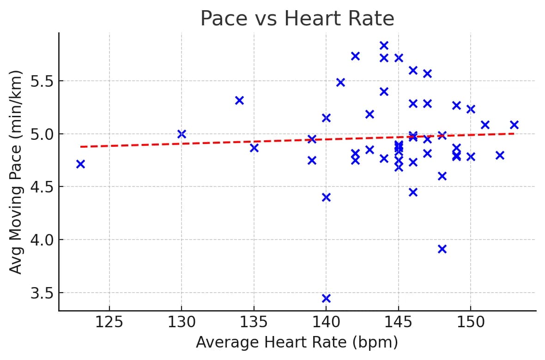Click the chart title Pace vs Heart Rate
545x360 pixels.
[x=297, y=19]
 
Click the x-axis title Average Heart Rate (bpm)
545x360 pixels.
[x=297, y=342]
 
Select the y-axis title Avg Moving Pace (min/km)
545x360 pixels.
[x=16, y=172]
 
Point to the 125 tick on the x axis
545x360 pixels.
[x=109, y=322]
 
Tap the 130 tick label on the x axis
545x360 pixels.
[x=181, y=322]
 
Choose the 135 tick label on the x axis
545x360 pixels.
[x=254, y=322]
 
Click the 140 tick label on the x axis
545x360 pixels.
[x=326, y=322]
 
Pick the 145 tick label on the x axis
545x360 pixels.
[x=398, y=322]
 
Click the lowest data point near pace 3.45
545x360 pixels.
[x=326, y=298]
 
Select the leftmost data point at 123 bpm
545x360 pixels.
[x=80, y=164]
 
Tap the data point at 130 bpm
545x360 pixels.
[x=182, y=134]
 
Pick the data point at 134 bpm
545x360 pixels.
[x=239, y=100]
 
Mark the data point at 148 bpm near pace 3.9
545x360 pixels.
[x=442, y=249]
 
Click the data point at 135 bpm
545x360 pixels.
[x=254, y=148]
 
